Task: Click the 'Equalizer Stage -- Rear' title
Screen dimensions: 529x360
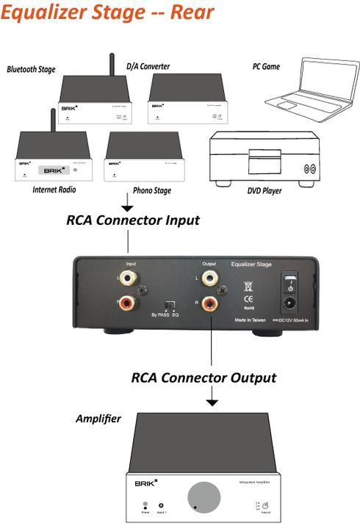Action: click(108, 12)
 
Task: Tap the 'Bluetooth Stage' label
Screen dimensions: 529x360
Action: click(37, 70)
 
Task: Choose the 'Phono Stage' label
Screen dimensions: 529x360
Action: click(152, 191)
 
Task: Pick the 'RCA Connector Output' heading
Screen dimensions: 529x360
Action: click(204, 378)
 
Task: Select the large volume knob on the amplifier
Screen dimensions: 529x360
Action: click(204, 497)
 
